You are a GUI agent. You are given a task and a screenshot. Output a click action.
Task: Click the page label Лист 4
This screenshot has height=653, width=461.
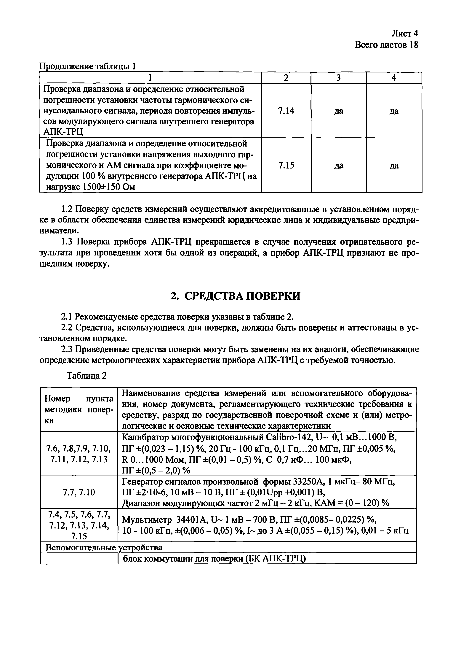[405, 34]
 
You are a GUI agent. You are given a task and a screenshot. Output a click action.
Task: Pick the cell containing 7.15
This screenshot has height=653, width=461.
[286, 165]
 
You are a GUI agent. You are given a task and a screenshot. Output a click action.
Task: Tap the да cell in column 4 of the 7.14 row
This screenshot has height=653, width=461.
[394, 111]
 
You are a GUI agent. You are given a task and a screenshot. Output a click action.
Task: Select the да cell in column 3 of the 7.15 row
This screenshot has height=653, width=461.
[339, 166]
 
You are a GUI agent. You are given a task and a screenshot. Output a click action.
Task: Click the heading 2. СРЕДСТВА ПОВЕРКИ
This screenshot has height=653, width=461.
[235, 296]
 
